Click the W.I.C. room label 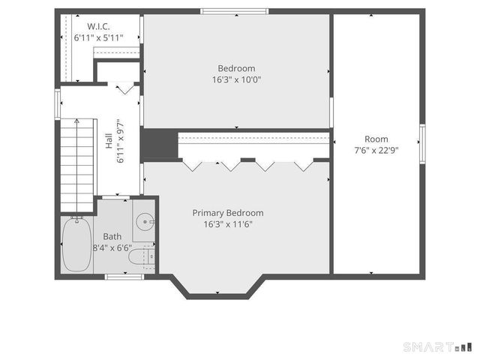98,26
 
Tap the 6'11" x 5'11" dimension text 98,38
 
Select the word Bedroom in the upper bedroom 236,68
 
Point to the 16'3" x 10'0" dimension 236,79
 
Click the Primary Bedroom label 228,213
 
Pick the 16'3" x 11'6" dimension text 228,224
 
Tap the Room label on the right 376,139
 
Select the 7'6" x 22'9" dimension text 376,150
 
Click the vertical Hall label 109,141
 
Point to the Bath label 112,237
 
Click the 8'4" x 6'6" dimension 112,248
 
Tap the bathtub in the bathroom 76,244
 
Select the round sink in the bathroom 145,222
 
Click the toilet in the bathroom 142,256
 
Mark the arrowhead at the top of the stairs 76,121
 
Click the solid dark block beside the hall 159,144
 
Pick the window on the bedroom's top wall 235,12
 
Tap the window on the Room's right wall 422,144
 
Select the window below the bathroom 124,277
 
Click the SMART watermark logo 437,347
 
